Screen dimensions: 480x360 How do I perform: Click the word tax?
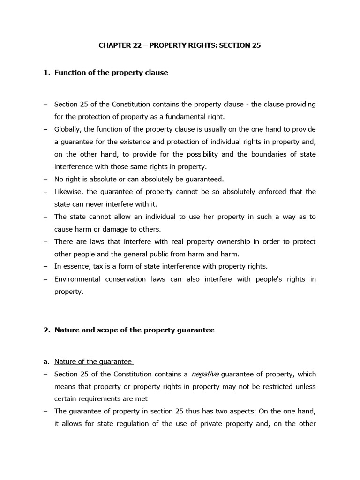98,266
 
